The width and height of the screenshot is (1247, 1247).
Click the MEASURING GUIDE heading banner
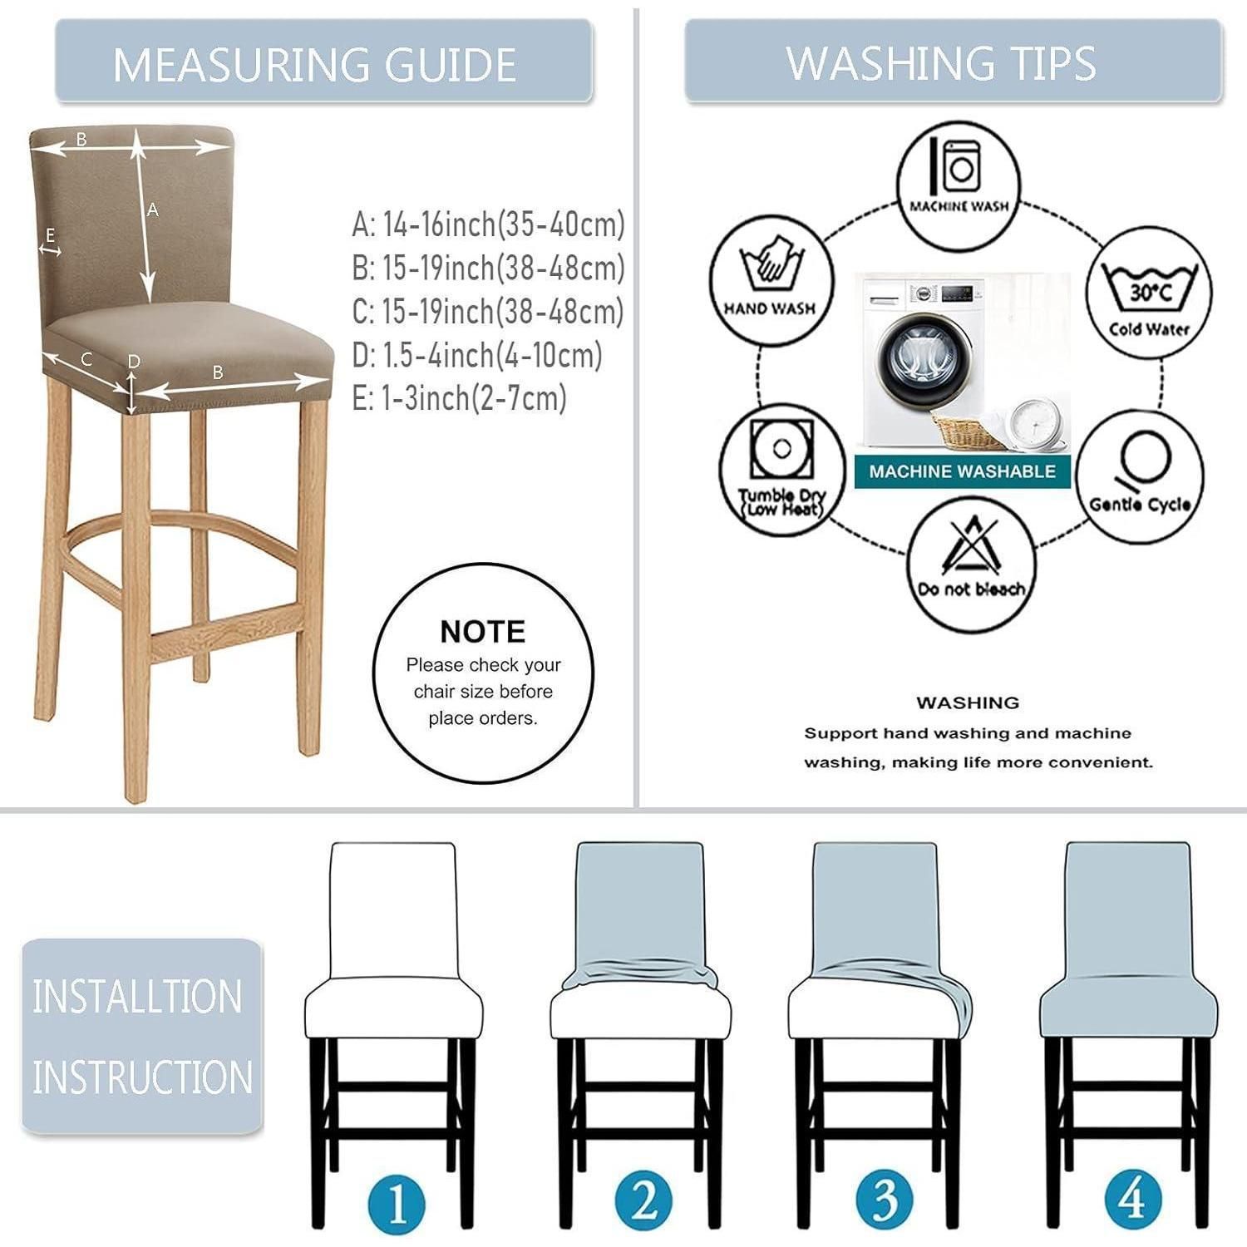(323, 62)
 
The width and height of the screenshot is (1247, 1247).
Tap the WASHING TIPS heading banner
(954, 62)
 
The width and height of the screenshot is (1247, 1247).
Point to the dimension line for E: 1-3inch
(51, 249)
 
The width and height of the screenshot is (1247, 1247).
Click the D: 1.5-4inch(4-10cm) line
(476, 355)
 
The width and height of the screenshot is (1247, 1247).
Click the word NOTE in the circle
(482, 632)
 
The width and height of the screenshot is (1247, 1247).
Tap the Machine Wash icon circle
(959, 185)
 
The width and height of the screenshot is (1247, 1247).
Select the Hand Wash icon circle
(771, 280)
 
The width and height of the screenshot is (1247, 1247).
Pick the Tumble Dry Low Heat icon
(782, 471)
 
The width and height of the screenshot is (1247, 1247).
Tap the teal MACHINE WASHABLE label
(962, 471)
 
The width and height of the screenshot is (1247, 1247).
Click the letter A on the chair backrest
(153, 210)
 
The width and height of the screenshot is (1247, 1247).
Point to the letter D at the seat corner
(134, 362)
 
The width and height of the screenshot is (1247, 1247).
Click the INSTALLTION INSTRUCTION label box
(142, 1036)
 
